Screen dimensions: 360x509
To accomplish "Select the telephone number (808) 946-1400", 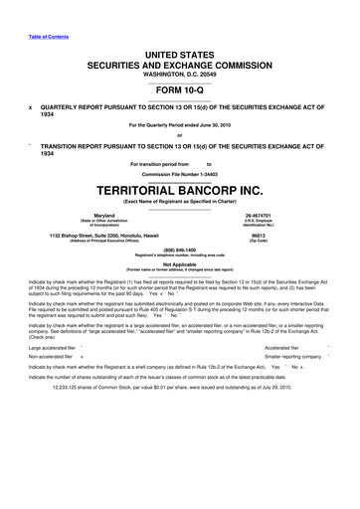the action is (179, 251).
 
